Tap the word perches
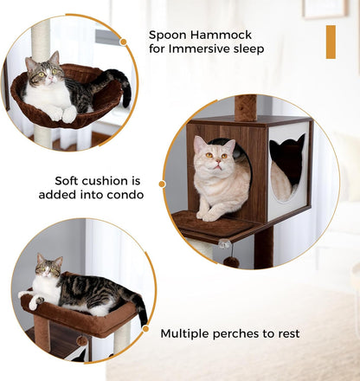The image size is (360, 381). [x=251, y=333]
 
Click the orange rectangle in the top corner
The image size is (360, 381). [x=330, y=42]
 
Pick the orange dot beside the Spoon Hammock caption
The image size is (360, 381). [x=123, y=41]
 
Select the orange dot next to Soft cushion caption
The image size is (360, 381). [x=161, y=182]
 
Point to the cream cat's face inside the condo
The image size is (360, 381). [x=211, y=156]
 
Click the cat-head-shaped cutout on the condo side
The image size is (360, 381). [x=287, y=160]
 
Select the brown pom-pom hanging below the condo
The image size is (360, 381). [x=231, y=262]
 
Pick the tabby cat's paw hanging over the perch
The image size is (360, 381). [x=35, y=303]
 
